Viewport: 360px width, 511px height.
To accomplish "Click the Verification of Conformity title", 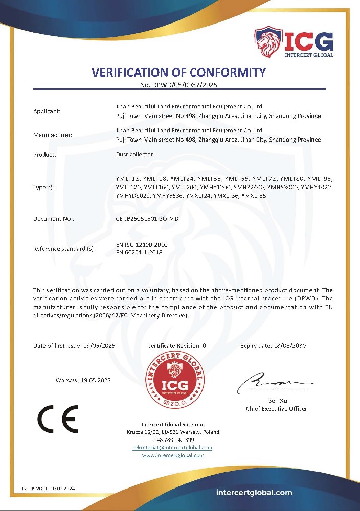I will (x=178, y=72).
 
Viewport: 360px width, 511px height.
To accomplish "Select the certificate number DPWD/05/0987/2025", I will (x=182, y=84).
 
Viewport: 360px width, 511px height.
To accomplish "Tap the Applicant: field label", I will (x=47, y=111).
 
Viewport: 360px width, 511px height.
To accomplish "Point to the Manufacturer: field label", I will (x=52, y=135).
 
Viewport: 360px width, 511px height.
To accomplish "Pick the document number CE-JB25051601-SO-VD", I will (x=147, y=218).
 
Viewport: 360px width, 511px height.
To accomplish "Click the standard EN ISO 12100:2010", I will (x=142, y=245).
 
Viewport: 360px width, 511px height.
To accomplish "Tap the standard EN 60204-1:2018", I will (x=139, y=252).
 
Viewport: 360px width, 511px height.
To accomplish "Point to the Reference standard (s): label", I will (x=64, y=249).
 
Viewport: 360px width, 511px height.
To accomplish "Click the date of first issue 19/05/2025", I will (x=99, y=345).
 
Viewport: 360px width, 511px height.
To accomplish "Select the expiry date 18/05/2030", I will (x=288, y=345).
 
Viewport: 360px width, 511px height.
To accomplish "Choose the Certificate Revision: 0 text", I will (x=176, y=345).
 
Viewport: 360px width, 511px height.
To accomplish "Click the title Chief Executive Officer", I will (x=276, y=409).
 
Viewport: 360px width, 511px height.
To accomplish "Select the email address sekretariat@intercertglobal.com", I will (x=173, y=448).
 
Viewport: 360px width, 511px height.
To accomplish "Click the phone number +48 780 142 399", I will (x=173, y=439).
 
